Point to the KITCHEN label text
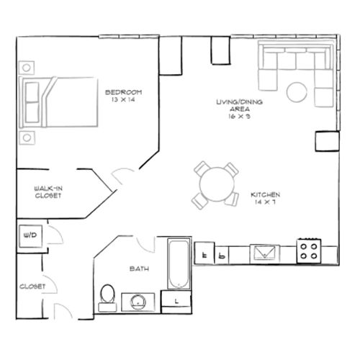[264, 195]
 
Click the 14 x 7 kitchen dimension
[264, 202]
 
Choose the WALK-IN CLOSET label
[47, 192]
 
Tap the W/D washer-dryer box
[30, 235]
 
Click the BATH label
[139, 269]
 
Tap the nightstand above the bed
[26, 68]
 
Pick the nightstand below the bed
[26, 136]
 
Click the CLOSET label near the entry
[33, 287]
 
